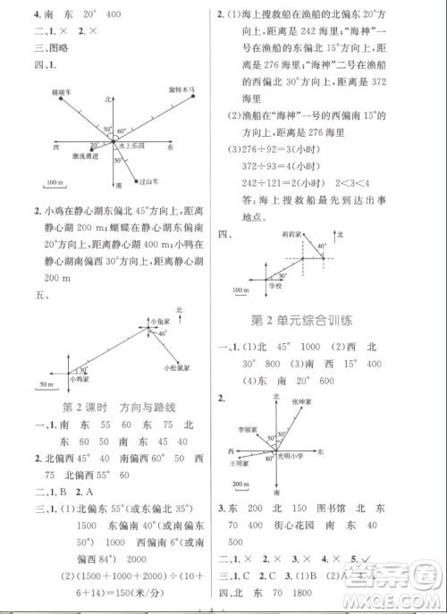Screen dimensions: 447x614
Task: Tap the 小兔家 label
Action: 161,321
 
